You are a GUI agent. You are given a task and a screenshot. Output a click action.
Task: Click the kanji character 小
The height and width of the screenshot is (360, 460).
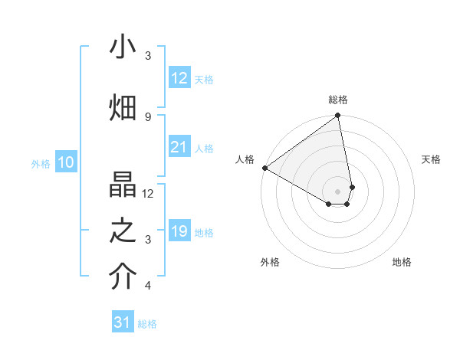[x=123, y=48]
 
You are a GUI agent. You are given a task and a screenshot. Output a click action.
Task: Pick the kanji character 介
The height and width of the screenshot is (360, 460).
[x=123, y=277]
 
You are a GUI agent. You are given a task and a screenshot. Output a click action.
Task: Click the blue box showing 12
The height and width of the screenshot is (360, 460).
[x=179, y=78]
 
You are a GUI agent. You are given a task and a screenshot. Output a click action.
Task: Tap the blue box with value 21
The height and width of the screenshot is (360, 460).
[x=179, y=147]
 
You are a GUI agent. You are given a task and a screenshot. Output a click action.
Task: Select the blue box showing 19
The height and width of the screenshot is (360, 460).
[x=179, y=231]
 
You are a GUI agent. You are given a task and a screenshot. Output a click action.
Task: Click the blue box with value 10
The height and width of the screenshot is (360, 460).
[x=65, y=162]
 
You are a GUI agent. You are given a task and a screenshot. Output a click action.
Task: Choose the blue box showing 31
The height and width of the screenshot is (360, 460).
[x=123, y=322]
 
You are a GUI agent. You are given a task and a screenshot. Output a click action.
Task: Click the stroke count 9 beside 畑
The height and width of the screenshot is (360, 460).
[x=148, y=116]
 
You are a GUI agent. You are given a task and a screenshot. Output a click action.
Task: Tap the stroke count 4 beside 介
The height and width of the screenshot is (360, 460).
[x=148, y=286]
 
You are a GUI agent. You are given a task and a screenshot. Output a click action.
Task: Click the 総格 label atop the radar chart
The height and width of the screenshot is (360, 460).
[x=338, y=100]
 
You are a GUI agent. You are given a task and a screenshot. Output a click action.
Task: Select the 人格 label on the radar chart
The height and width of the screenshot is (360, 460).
[x=245, y=159]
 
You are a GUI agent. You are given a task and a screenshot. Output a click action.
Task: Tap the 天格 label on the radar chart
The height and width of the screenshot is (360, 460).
[x=431, y=159]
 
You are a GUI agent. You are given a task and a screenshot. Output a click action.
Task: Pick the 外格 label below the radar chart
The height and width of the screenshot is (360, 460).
[x=270, y=262]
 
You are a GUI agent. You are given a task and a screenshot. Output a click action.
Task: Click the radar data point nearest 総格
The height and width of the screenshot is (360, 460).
[x=338, y=116]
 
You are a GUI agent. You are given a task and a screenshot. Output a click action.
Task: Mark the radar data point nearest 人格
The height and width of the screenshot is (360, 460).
[x=264, y=168]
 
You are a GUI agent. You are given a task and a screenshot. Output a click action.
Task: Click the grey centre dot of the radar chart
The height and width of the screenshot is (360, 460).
[x=338, y=190]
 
